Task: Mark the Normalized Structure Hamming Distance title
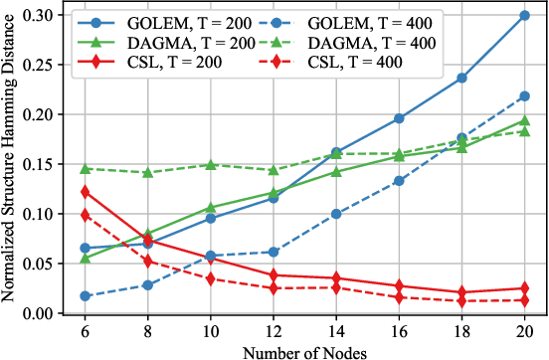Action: (9, 164)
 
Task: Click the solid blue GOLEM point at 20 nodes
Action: (524, 16)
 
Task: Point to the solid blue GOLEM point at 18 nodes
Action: (461, 79)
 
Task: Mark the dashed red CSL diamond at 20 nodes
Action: (524, 300)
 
